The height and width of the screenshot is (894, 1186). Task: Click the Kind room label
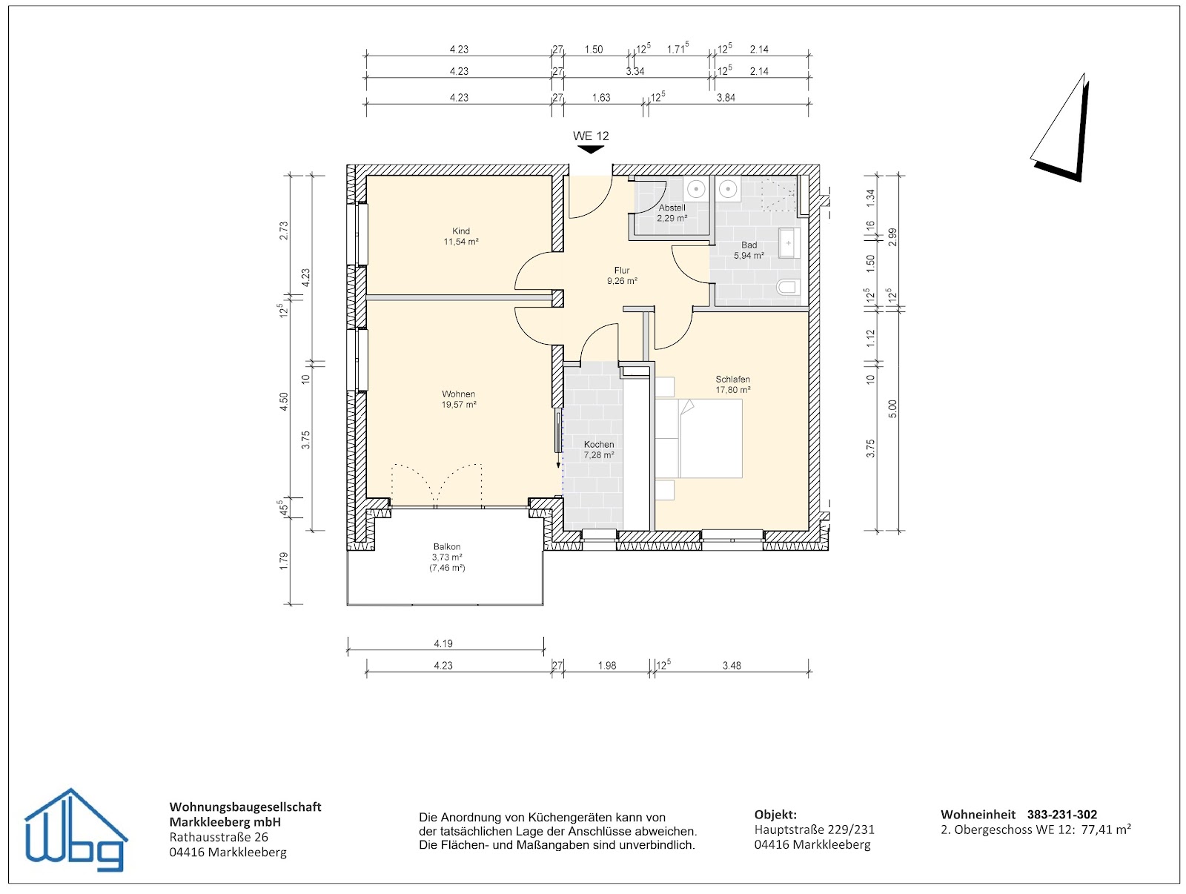460,236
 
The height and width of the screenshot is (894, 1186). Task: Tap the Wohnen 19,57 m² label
458,400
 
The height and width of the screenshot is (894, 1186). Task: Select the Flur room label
621,276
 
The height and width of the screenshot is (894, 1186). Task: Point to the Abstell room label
672,213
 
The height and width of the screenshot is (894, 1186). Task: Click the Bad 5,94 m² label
749,250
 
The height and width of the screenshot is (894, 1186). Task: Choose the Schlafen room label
732,384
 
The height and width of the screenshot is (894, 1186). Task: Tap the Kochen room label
599,449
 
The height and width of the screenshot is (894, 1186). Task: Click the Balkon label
447,557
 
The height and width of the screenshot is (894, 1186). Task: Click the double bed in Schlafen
699,438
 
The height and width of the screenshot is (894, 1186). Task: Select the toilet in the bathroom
789,287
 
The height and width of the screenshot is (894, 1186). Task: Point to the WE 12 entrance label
591,136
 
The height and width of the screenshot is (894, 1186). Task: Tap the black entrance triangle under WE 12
591,149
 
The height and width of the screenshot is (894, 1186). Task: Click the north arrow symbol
1060,128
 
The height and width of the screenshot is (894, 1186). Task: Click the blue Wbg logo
75,830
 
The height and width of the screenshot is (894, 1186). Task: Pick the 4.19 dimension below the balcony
443,643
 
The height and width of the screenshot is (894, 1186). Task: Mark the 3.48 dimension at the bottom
732,666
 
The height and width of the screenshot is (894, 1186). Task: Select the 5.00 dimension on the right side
892,408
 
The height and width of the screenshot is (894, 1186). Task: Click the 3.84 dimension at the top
726,98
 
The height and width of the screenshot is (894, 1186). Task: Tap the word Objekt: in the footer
775,814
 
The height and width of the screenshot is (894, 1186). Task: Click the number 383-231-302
1061,814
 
